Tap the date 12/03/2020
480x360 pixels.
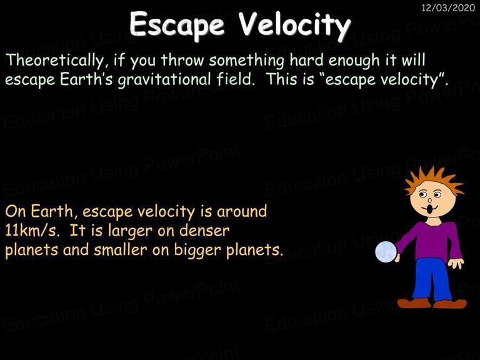point(448,7)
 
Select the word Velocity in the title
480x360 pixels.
point(294,24)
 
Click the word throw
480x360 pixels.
point(182,60)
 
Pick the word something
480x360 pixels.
point(247,60)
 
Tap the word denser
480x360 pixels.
point(204,230)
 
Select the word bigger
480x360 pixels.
point(197,250)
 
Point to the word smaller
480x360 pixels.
point(120,249)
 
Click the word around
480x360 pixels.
point(242,211)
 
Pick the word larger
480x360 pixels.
point(130,231)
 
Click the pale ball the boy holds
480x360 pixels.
point(386,252)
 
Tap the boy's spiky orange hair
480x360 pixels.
point(434,181)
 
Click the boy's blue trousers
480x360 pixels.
point(432,279)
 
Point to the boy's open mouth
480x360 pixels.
point(430,210)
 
